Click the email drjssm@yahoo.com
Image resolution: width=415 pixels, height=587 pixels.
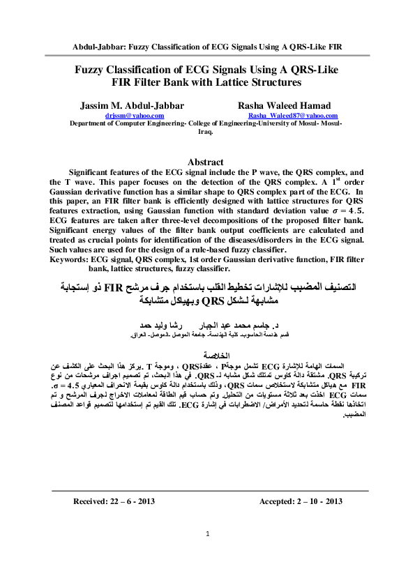click(135, 115)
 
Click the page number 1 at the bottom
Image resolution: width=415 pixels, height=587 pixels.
click(208, 533)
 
